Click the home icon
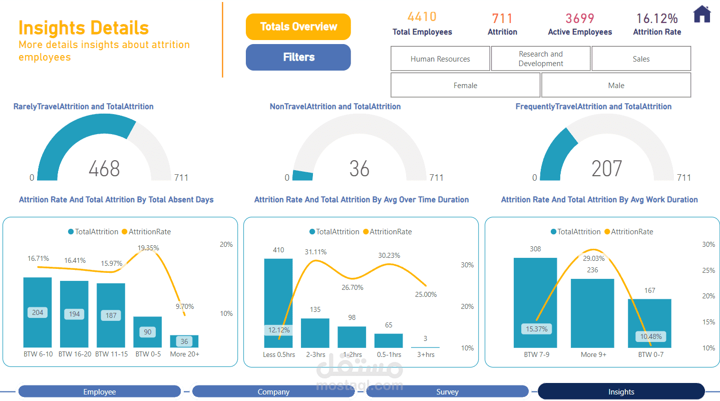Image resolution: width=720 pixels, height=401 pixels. pos(702,14)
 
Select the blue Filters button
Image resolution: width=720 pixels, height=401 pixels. pos(298,57)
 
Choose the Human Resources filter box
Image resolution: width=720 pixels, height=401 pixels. pos(440,59)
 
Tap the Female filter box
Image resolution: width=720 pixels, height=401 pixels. pos(465,85)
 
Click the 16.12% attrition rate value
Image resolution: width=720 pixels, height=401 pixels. pos(657,19)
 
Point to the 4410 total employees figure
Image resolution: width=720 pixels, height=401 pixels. pos(422,17)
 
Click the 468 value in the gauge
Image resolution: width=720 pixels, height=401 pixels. pos(104,169)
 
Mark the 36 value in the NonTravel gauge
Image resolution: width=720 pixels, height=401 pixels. pos(359,169)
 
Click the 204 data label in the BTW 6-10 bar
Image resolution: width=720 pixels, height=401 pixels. pos(38,312)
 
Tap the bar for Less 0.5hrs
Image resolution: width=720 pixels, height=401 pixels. pos(278,300)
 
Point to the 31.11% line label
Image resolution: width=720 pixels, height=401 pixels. pos(315,252)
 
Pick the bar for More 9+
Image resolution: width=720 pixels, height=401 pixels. pos(593,313)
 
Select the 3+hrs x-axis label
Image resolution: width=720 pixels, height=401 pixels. pos(425,354)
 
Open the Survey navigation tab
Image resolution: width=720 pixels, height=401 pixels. pos(447,391)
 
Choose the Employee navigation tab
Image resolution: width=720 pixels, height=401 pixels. pos(99,391)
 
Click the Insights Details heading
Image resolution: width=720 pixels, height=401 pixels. pos(84,28)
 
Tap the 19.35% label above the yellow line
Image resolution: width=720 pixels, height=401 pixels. pos(148,248)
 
